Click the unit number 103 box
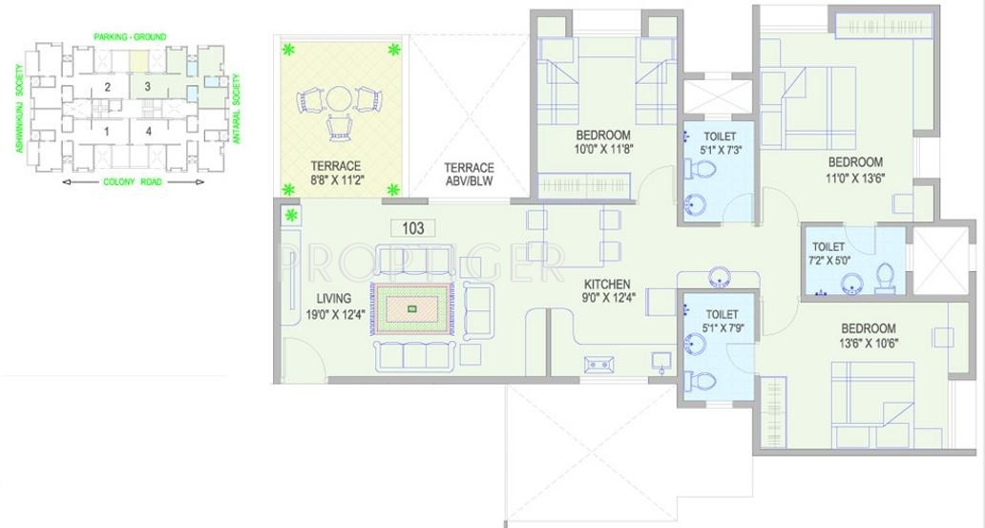click(x=413, y=228)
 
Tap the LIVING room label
click(x=328, y=298)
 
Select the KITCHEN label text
click(x=607, y=284)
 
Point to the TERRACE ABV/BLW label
click(x=470, y=175)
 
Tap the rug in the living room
click(x=411, y=308)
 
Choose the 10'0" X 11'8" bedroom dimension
click(x=603, y=149)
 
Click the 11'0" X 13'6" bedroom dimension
click(x=854, y=177)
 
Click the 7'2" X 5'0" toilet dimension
click(x=828, y=259)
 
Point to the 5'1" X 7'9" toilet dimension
click(x=722, y=328)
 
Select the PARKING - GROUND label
click(x=129, y=37)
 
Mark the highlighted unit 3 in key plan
click(x=147, y=87)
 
